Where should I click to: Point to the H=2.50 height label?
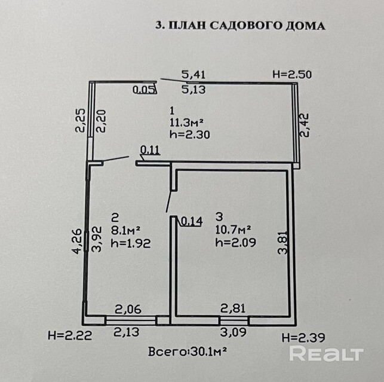click(x=292, y=75)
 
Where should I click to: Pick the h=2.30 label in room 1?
click(x=190, y=135)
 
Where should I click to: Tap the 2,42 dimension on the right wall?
click(x=305, y=124)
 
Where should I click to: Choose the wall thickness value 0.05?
click(x=144, y=90)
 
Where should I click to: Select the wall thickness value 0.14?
click(x=191, y=221)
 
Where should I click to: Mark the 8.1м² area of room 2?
click(x=125, y=229)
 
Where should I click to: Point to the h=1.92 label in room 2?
click(x=130, y=243)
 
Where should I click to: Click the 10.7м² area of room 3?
click(x=233, y=229)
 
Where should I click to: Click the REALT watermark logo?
click(x=326, y=354)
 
